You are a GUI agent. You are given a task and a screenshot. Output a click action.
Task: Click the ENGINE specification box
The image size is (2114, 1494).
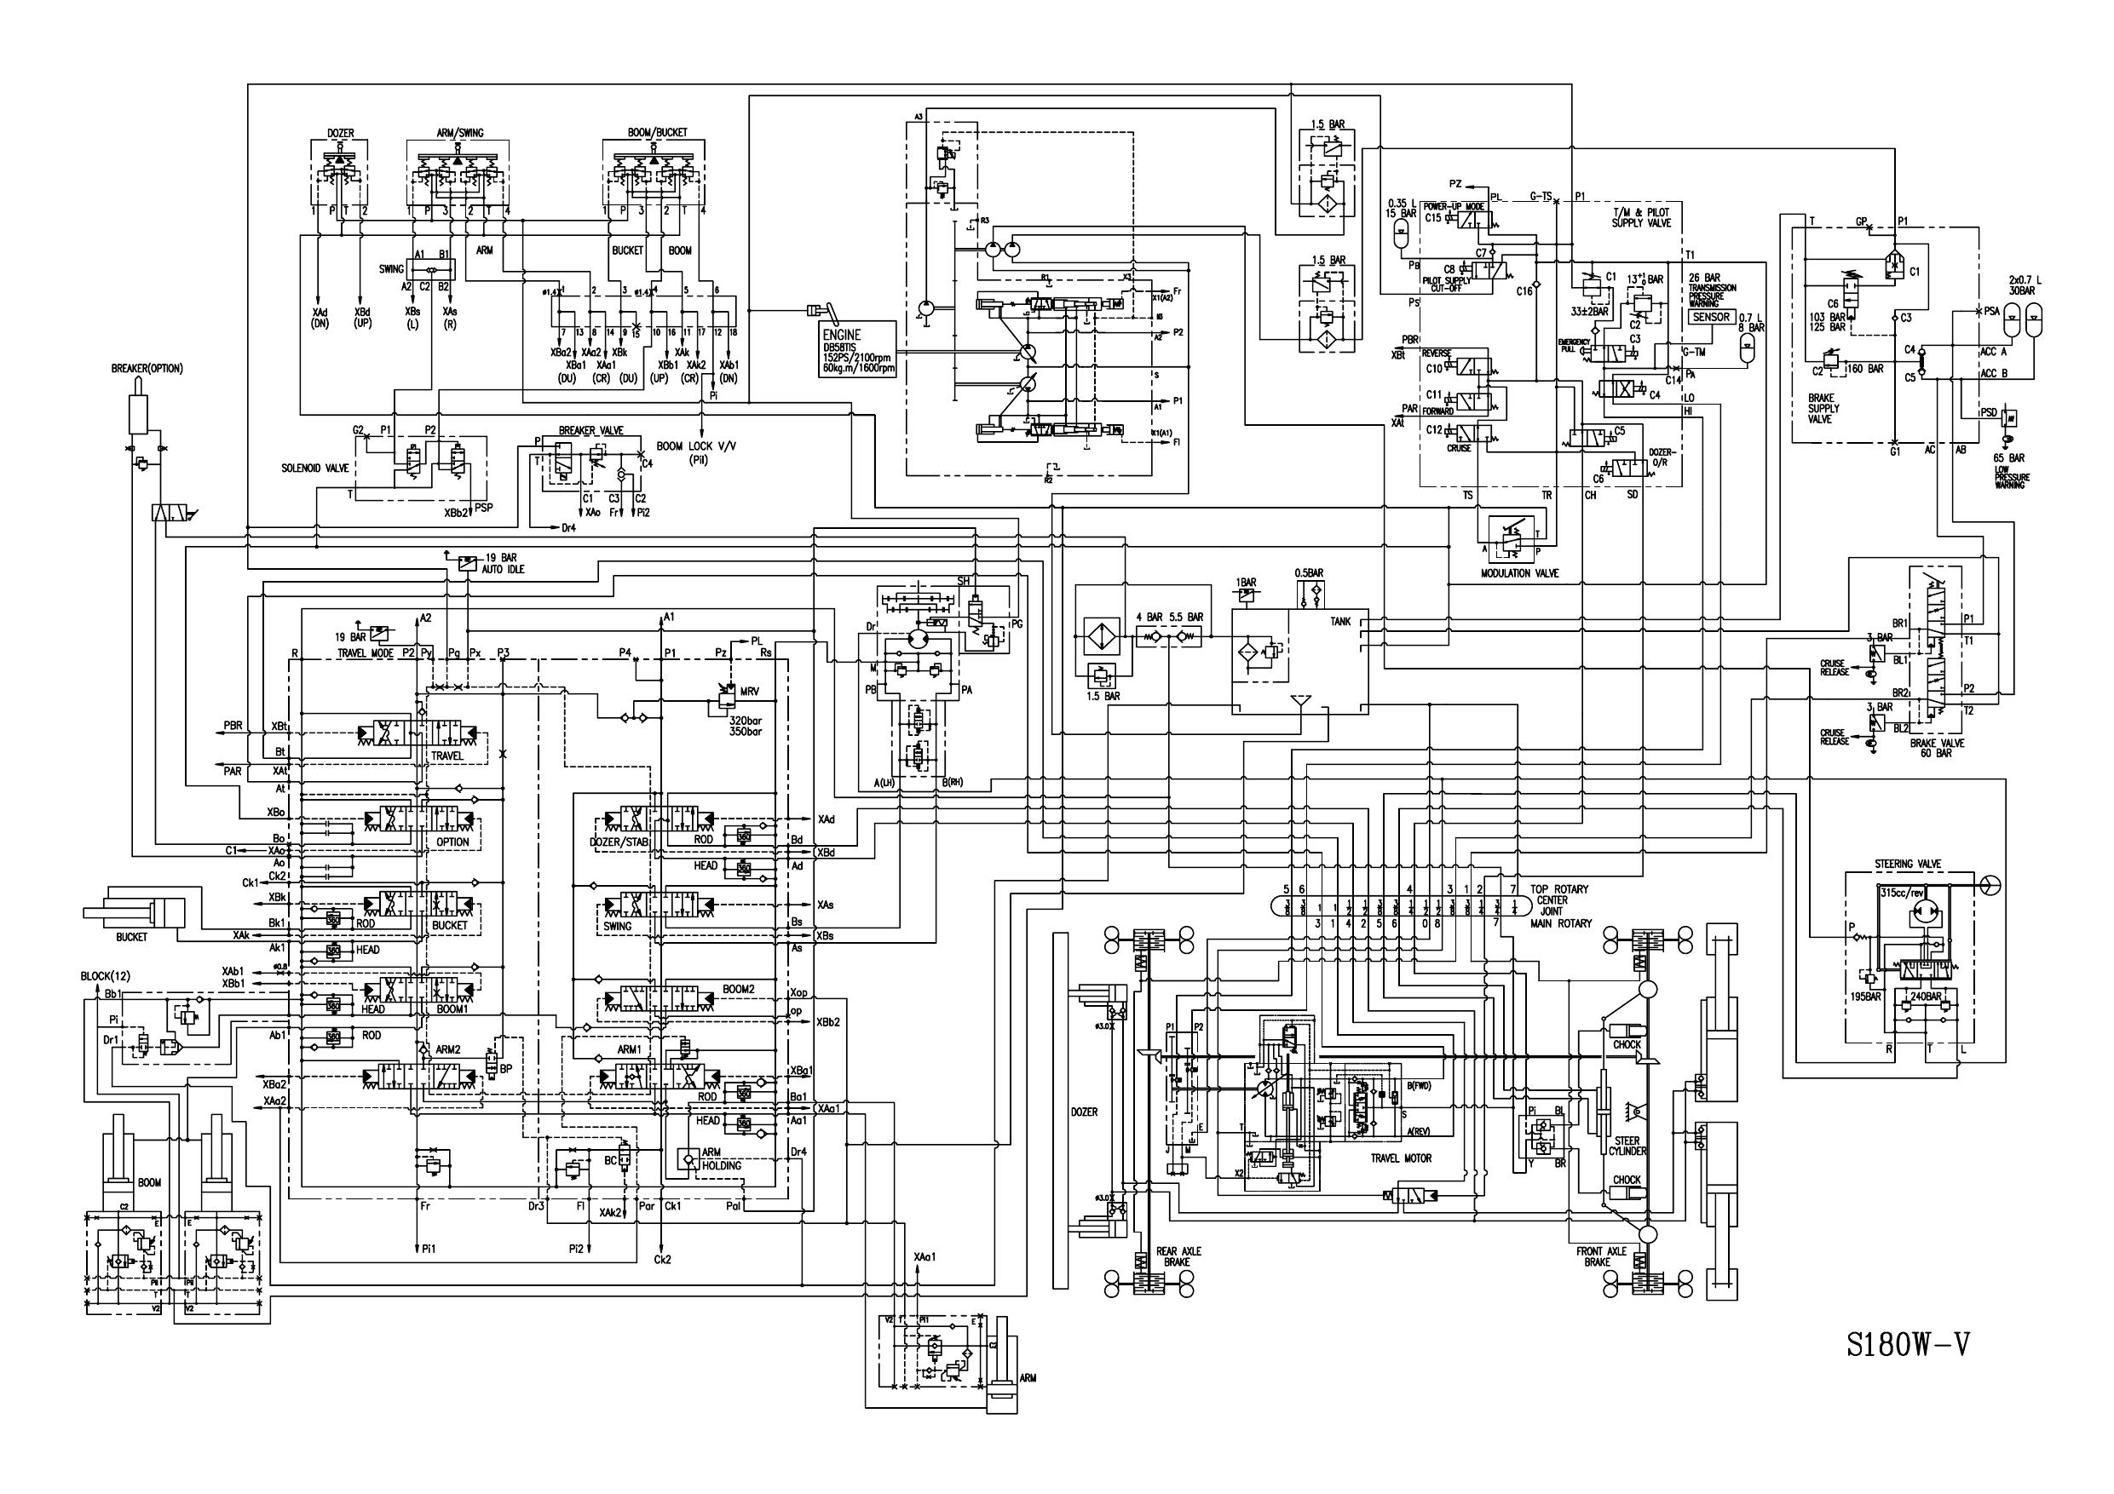point(857,351)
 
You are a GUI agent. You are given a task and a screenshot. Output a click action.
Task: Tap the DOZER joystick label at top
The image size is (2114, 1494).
point(341,134)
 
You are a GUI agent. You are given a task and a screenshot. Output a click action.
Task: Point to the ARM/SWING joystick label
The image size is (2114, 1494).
point(459,134)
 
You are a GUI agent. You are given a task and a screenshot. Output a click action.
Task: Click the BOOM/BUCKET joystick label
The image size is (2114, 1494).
point(658,134)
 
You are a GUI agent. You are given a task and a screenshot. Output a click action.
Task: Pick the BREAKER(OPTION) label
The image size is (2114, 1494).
point(147,368)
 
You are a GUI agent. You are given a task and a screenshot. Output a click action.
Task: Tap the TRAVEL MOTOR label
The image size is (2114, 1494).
point(1401,1158)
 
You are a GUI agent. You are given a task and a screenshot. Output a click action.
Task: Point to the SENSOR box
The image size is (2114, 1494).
point(1711,317)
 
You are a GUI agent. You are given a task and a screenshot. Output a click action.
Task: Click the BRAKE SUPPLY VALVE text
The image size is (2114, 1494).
point(1823,408)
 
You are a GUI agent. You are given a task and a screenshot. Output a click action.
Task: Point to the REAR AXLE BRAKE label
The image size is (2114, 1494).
point(1178,1256)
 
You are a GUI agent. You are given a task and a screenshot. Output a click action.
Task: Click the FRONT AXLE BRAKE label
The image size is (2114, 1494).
point(1601,1256)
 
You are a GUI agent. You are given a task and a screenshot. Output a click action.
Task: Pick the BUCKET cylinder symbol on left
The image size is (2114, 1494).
point(147,911)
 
